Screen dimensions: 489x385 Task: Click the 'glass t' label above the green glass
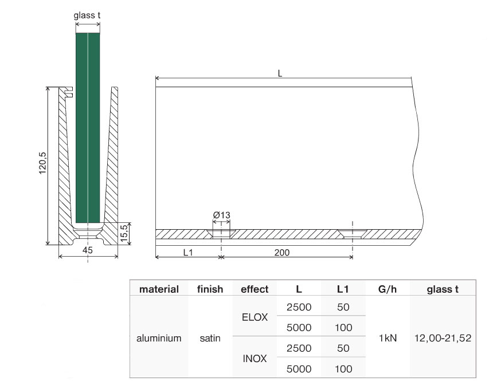point(87,15)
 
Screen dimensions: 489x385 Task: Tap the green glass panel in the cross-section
point(88,128)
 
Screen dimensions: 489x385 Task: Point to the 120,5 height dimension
point(42,163)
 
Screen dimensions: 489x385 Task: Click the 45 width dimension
point(88,250)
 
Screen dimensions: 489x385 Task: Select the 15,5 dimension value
point(124,233)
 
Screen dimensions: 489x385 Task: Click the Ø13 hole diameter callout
point(221,215)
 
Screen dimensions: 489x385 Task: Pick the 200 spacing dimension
point(282,253)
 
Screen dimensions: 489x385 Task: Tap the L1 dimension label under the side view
point(187,253)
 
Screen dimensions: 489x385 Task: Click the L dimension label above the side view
point(280,73)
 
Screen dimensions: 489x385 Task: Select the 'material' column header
point(159,289)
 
